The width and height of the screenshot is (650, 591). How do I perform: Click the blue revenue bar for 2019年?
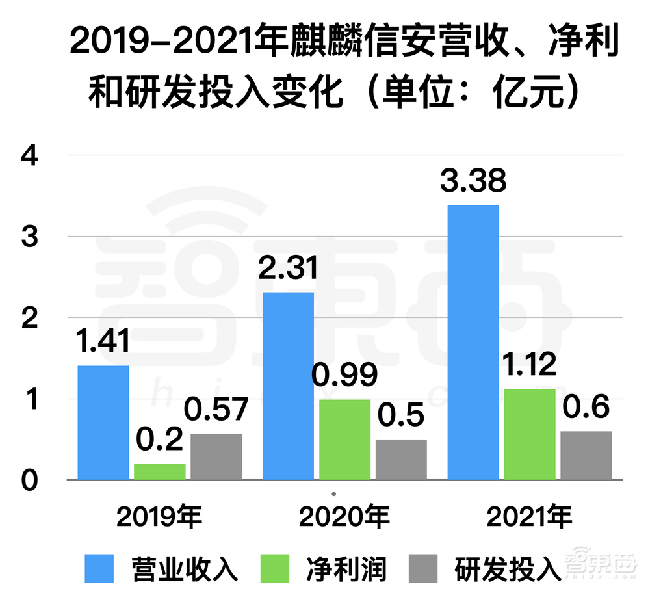coord(103,423)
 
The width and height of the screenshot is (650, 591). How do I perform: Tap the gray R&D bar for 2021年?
coord(586,455)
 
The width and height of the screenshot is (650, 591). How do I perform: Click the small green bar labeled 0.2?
coord(159,471)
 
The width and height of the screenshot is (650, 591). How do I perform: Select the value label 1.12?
coord(530,364)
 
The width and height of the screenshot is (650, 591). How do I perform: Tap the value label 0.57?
coord(216,410)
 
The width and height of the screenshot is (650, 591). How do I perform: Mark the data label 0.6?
coord(586,408)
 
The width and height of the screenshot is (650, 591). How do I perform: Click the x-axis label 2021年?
coord(529,518)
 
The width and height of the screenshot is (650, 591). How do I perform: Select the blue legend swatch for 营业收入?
coord(99,568)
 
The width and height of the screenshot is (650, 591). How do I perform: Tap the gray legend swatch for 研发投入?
coord(424,568)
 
